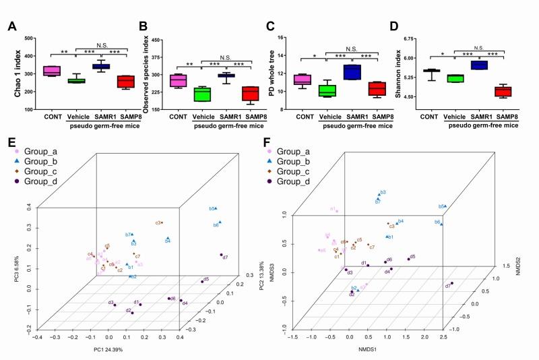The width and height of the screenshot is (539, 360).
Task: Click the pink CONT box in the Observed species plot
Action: pos(178,80)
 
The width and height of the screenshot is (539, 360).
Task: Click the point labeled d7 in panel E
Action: pos(222,256)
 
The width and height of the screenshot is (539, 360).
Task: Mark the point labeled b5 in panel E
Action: pos(217,209)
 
